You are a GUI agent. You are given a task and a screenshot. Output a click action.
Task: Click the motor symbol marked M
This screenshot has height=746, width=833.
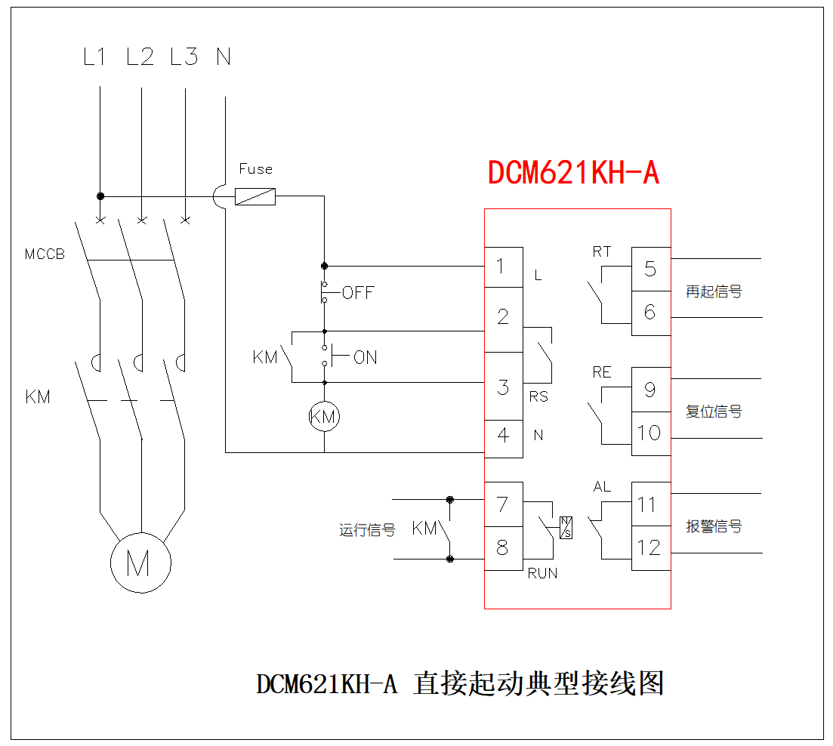tap(140, 562)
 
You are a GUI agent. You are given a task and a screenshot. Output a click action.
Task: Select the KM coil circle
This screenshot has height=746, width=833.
tap(324, 417)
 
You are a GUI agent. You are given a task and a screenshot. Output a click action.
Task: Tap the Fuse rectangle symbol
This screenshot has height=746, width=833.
tap(255, 197)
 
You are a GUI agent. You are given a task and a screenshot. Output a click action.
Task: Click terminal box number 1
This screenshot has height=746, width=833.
tap(503, 267)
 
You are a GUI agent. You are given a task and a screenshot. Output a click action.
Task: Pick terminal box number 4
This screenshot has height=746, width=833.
tap(503, 436)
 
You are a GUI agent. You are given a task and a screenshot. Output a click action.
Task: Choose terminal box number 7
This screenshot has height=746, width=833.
tap(503, 504)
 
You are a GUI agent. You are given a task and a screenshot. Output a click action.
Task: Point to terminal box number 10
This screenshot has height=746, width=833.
tap(650, 433)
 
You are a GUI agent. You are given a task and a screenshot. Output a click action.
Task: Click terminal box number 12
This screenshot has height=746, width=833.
tap(650, 547)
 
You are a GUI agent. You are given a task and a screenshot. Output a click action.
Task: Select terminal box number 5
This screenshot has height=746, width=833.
tap(650, 269)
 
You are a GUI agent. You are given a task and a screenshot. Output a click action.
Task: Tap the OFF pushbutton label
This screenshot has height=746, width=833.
tap(358, 293)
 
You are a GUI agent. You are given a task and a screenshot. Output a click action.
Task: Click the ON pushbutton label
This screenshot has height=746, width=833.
tap(366, 358)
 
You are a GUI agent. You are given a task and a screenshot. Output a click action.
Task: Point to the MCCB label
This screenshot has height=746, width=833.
tap(45, 254)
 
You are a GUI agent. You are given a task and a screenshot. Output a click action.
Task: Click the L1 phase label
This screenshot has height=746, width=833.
tap(94, 57)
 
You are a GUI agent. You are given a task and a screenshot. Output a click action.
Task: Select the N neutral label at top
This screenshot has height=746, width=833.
tap(224, 57)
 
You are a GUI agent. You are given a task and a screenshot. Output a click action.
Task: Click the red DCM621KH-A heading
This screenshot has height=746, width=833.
tap(573, 173)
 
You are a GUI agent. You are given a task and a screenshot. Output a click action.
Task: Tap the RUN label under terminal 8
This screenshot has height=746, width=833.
tap(542, 574)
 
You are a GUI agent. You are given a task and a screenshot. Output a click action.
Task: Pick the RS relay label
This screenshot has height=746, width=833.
tap(538, 397)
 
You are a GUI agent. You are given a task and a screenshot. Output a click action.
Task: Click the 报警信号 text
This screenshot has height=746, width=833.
tap(714, 526)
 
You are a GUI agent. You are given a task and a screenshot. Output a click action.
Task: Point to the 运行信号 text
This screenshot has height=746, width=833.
tap(367, 531)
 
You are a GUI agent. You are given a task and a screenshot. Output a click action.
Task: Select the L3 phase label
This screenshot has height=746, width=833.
tap(184, 57)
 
